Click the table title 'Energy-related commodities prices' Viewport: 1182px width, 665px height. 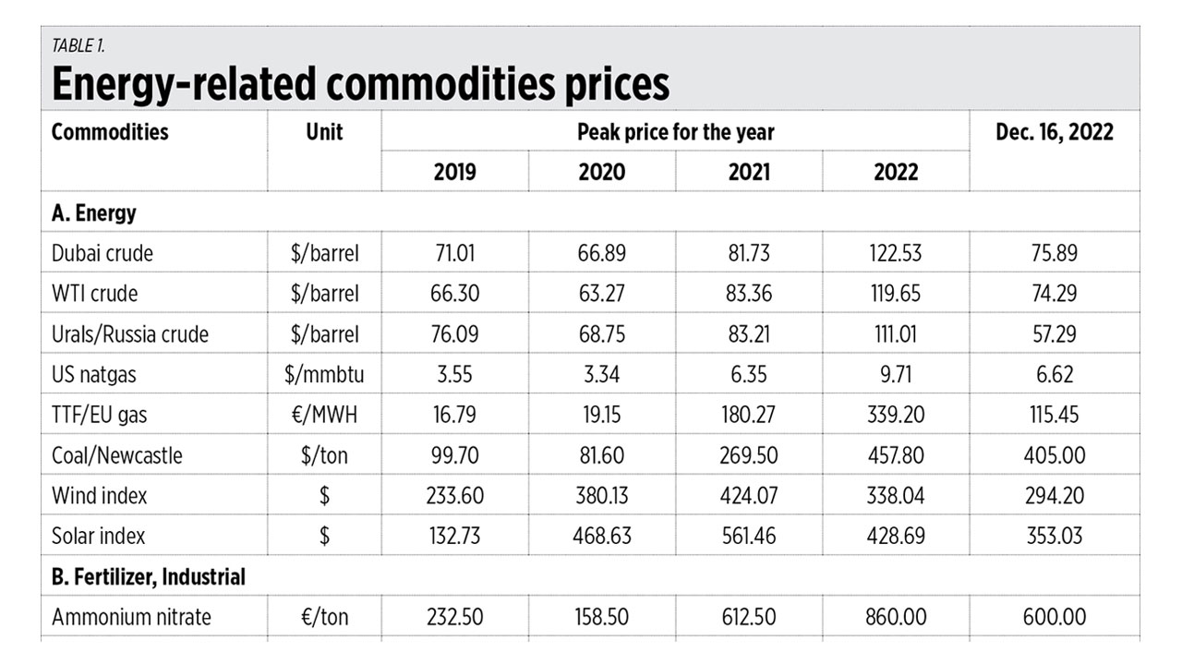point(359,84)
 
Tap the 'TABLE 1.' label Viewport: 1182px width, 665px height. point(78,46)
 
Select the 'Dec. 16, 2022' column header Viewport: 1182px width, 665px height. point(1054,132)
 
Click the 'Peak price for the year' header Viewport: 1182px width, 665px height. point(675,132)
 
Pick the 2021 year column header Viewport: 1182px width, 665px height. point(749,172)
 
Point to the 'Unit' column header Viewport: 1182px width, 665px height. point(324,132)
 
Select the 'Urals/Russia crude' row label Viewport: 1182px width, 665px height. point(130,333)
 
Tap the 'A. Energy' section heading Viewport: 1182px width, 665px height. point(94,212)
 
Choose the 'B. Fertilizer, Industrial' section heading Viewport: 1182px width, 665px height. point(149,577)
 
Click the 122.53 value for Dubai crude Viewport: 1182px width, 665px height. point(896,252)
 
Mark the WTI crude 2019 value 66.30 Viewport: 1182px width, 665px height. point(454,293)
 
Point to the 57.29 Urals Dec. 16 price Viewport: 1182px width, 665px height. point(1054,333)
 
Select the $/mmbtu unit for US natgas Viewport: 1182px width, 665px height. point(324,374)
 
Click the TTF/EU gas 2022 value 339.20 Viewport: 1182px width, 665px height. point(896,415)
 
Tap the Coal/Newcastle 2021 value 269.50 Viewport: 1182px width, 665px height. point(749,455)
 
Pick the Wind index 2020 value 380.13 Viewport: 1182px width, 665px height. point(601,496)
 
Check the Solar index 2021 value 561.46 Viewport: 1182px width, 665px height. point(749,536)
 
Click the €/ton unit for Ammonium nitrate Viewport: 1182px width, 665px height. point(324,617)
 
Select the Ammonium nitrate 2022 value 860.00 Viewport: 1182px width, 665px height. point(896,617)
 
